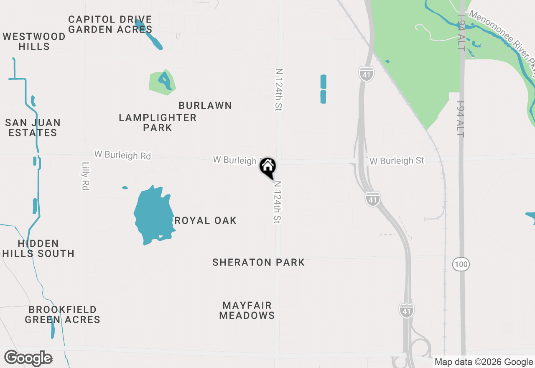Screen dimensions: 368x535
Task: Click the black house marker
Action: coord(268,167)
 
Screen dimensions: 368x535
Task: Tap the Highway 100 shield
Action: coord(461,264)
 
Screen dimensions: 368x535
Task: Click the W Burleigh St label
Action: coord(397,161)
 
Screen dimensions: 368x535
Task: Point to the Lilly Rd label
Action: coord(86,176)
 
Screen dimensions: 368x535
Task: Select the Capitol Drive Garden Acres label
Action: coord(110,24)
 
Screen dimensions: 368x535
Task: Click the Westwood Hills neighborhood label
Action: coord(34,41)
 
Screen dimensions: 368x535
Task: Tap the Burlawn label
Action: coord(205,105)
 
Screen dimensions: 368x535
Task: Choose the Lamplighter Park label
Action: coord(158,123)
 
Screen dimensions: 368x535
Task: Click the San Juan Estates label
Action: coord(33,128)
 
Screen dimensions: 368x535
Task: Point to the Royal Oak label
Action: coord(205,220)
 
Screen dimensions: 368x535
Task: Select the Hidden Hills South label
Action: coord(38,248)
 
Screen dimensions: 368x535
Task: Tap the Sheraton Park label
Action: coord(259,262)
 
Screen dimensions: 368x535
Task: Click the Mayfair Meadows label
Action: coord(247,310)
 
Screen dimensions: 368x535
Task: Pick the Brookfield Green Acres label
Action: coord(63,314)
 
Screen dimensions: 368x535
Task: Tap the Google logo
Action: coord(28,358)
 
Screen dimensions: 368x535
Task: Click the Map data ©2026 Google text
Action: coord(484,362)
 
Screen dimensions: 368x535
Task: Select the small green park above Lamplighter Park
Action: coord(162,82)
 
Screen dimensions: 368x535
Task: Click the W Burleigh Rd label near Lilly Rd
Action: coord(122,155)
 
